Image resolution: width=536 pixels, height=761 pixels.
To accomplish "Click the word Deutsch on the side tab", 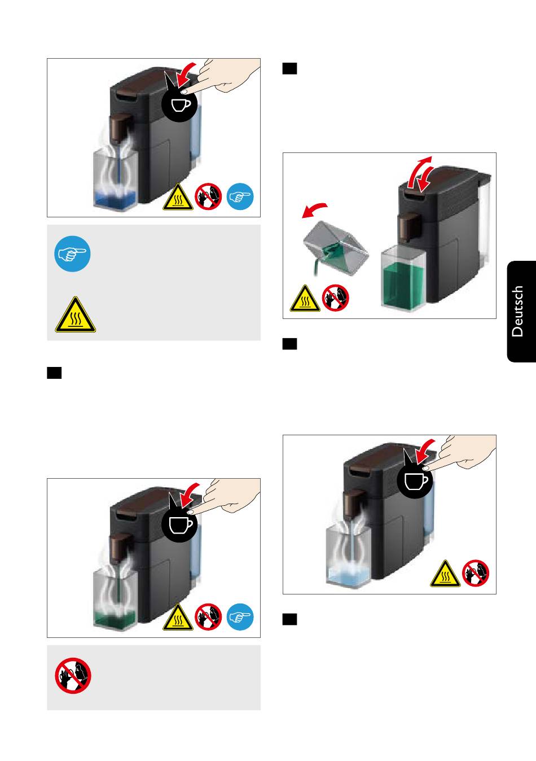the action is [517, 311].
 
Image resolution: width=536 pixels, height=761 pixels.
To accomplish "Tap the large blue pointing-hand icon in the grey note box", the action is [72, 254].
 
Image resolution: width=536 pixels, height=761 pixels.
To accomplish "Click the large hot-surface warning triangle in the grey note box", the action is [76, 314].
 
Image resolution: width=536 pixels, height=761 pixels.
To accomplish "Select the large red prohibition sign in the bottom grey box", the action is [73, 675].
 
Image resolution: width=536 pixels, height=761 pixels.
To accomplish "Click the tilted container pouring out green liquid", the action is [335, 247].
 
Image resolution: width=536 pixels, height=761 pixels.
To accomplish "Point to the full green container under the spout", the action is [403, 278].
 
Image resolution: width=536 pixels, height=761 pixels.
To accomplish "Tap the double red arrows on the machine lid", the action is [421, 174].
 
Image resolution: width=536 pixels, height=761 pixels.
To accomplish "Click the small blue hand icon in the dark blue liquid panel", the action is [240, 196].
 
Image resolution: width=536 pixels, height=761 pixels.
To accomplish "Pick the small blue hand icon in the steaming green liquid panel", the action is [240, 617].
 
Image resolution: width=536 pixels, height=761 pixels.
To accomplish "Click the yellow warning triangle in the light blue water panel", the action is [445, 574].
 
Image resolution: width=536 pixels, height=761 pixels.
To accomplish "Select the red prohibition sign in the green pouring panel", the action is [335, 298].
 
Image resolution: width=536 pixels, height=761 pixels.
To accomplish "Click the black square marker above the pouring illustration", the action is [289, 68].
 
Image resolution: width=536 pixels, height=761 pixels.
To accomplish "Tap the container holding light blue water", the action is [348, 557].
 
